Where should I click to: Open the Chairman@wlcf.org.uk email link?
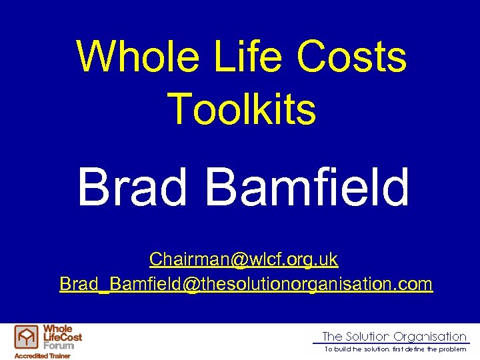pyautogui.click(x=243, y=259)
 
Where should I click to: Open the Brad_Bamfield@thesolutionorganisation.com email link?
pyautogui.click(x=246, y=284)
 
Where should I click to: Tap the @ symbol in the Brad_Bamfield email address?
pyautogui.click(x=191, y=284)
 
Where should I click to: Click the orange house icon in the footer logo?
pyautogui.click(x=27, y=338)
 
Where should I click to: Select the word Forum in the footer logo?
pyautogui.click(x=57, y=345)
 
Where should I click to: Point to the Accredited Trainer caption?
pyautogui.click(x=42, y=356)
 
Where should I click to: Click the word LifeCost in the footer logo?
pyautogui.click(x=62, y=337)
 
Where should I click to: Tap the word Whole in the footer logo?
pyautogui.click(x=57, y=329)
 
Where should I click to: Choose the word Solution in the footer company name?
pyautogui.click(x=368, y=337)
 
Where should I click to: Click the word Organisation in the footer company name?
pyautogui.click(x=430, y=337)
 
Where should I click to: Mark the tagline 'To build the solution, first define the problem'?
pyautogui.click(x=395, y=349)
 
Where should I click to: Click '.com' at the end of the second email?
pyautogui.click(x=417, y=284)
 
